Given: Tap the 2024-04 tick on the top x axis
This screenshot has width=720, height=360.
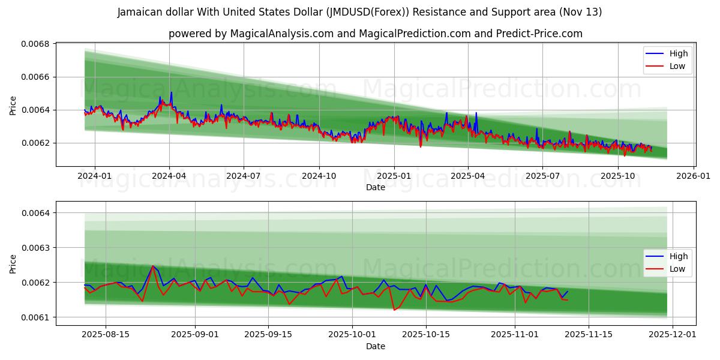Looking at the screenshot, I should click(x=169, y=176).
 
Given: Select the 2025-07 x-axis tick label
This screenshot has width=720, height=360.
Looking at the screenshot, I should click(x=542, y=176).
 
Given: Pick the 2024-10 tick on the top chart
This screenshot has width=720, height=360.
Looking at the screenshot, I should click(x=319, y=176).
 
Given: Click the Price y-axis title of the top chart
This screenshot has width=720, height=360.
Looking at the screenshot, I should click(x=13, y=105).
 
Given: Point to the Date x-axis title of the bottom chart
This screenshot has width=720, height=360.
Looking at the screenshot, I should click(x=376, y=346).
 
